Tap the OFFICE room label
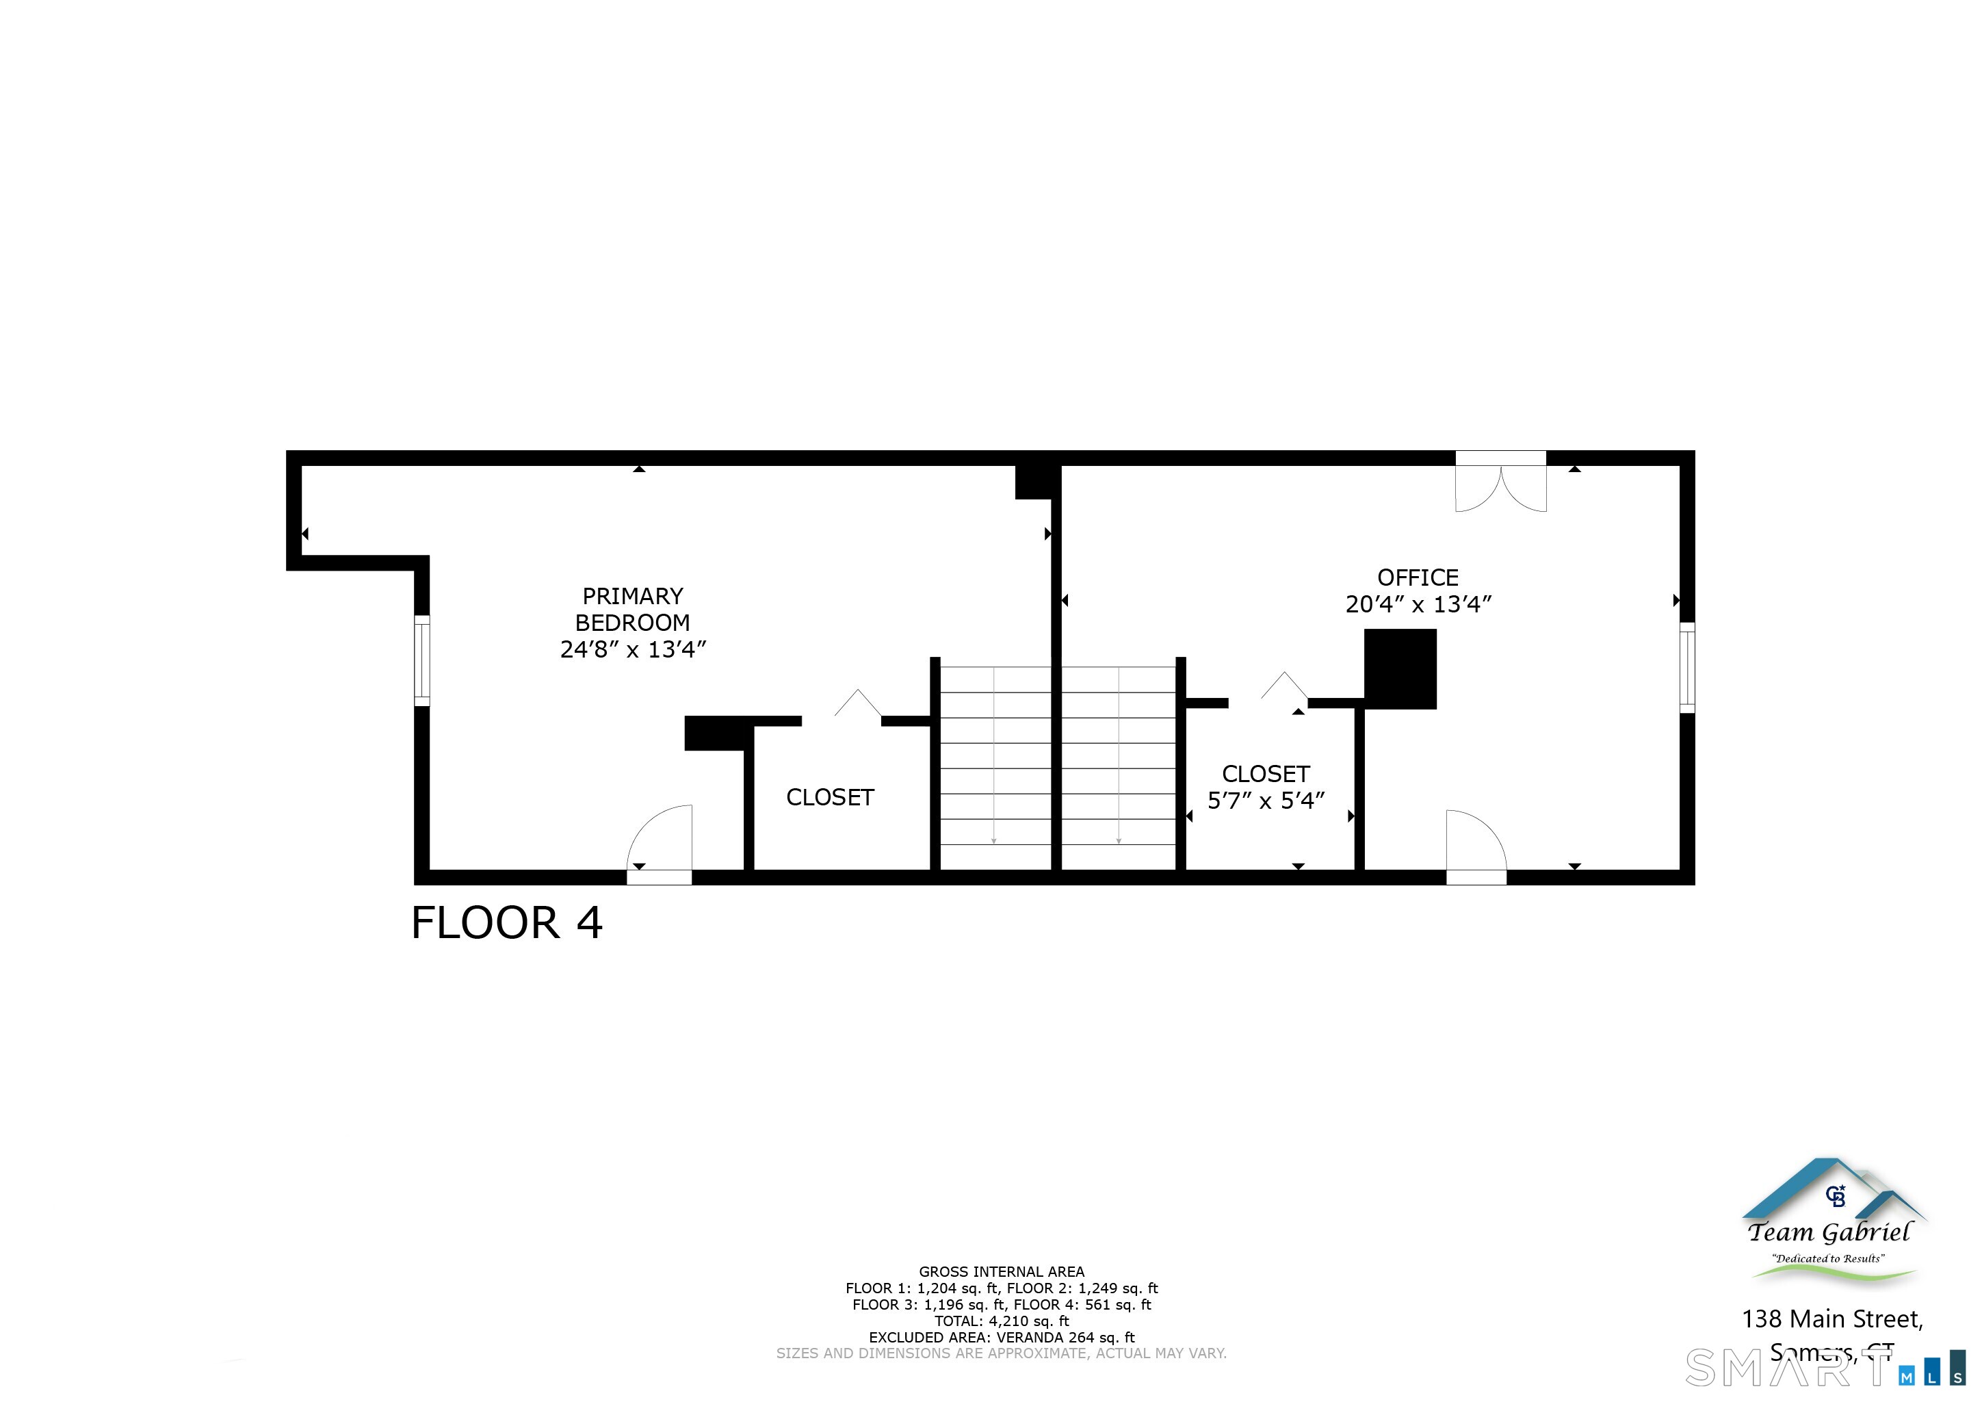[1418, 577]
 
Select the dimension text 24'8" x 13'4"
[633, 649]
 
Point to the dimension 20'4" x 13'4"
[1418, 604]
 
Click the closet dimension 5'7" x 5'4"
[1266, 801]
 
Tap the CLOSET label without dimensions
[830, 797]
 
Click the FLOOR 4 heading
[507, 923]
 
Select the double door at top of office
[1500, 486]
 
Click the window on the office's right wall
[1686, 667]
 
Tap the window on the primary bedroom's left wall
[422, 660]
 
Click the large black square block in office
[1399, 668]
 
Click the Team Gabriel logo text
[1829, 1232]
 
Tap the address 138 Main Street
[1831, 1319]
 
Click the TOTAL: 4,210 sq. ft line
[1002, 1321]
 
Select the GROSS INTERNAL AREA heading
[1002, 1271]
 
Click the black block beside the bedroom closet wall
[715, 733]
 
